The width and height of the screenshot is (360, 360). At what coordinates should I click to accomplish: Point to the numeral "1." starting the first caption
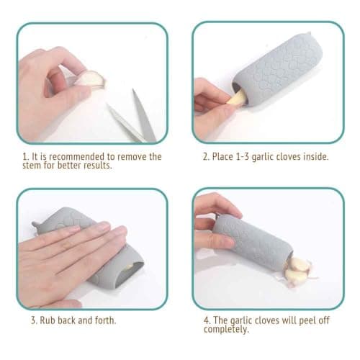click(26, 156)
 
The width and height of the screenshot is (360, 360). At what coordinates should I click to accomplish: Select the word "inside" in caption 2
click(314, 156)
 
